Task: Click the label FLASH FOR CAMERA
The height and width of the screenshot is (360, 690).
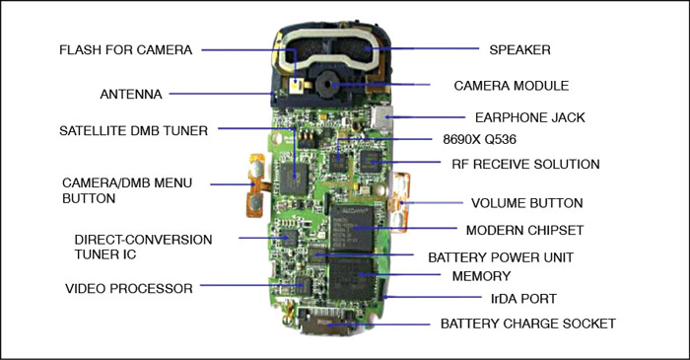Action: (x=126, y=49)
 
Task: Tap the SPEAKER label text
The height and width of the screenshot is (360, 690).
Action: (x=519, y=49)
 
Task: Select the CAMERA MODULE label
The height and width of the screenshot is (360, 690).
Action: (x=512, y=86)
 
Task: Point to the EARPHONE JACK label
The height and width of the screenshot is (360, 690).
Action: (x=530, y=117)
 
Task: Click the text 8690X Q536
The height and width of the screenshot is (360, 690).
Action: (x=480, y=139)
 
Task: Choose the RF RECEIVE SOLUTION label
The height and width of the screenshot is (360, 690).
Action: (x=525, y=164)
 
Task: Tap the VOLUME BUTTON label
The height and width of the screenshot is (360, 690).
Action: (x=526, y=203)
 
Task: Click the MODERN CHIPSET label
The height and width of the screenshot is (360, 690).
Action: (x=524, y=230)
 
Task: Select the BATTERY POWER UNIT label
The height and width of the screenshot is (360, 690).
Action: (x=501, y=257)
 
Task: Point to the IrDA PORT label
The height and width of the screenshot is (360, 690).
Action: (x=523, y=299)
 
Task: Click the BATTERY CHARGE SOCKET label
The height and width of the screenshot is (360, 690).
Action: (x=528, y=324)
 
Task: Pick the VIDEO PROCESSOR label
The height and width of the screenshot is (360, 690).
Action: (x=129, y=288)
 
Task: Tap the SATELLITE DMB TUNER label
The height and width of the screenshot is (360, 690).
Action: (x=133, y=131)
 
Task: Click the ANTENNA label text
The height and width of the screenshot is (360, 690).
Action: (x=131, y=94)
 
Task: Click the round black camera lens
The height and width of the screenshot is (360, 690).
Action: (x=327, y=84)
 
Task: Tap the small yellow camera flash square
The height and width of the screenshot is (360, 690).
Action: (x=296, y=85)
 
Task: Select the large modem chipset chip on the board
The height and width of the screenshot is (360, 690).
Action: (x=352, y=228)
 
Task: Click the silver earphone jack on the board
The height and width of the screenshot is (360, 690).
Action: (x=380, y=116)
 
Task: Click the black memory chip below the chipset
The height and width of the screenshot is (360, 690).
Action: (x=352, y=278)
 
